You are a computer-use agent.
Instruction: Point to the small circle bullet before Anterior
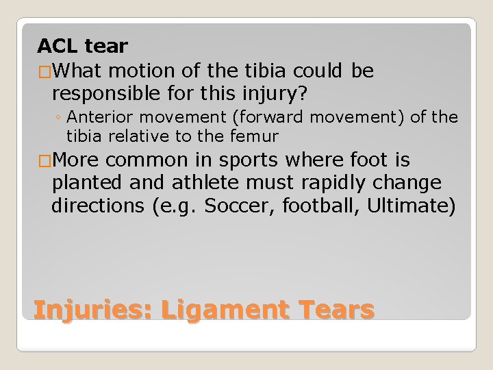click(x=60, y=117)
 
